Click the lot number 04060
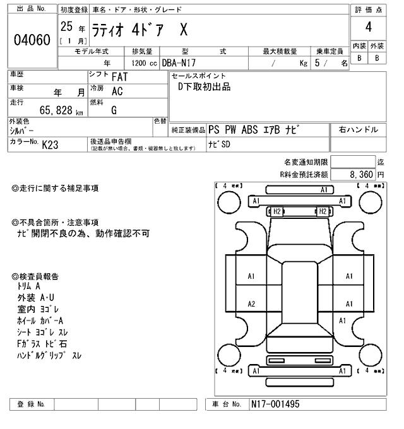[x=32, y=40]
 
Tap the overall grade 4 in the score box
[x=368, y=28]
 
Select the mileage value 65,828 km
[x=61, y=110]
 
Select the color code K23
[x=50, y=144]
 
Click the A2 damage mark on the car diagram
[x=251, y=304]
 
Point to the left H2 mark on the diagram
[x=276, y=211]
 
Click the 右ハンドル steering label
[x=359, y=129]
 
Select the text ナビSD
[x=220, y=144]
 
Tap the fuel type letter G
[x=114, y=110]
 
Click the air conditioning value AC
[x=117, y=91]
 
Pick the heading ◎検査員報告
[x=35, y=276]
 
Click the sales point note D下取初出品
[x=205, y=87]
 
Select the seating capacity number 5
[x=316, y=64]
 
